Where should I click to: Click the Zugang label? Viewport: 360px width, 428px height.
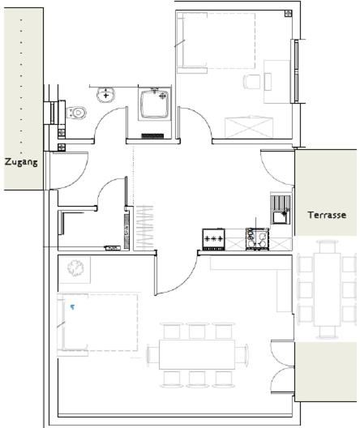click(x=21, y=162)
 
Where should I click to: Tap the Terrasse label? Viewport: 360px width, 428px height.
click(x=327, y=215)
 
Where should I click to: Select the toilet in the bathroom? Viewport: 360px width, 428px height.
click(x=76, y=113)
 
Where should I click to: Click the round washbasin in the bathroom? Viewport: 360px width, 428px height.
click(x=105, y=95)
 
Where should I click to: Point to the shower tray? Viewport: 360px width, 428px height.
click(x=155, y=104)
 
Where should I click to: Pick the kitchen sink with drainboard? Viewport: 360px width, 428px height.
click(x=281, y=210)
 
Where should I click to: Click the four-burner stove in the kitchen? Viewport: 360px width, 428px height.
click(x=257, y=239)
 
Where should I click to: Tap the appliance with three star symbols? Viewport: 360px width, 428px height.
click(x=214, y=239)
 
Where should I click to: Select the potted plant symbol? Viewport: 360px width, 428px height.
click(x=75, y=268)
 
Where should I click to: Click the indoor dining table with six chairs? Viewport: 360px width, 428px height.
click(x=197, y=355)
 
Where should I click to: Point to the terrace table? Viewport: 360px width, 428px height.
click(x=327, y=289)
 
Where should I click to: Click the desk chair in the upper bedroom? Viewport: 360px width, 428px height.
click(x=251, y=82)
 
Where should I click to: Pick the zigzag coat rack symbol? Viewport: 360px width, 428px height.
click(x=144, y=227)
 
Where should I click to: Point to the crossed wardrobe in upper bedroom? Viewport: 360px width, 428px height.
click(x=249, y=128)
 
